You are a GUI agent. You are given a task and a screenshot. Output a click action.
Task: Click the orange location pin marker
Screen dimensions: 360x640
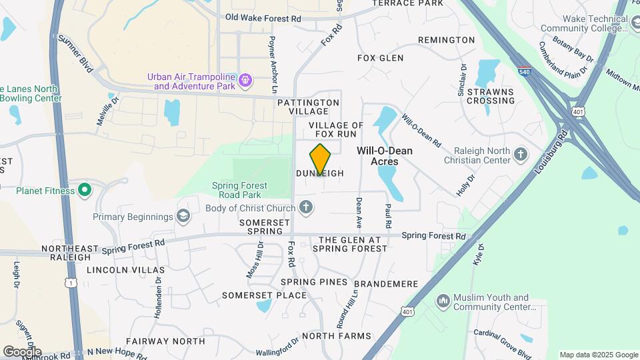tap(321, 159)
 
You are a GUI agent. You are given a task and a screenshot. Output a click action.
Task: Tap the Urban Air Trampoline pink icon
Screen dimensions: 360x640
tap(246, 81)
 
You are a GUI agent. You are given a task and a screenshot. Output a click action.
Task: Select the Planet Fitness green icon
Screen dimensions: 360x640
tap(84, 191)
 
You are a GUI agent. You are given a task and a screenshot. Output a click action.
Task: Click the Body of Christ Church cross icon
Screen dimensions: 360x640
tap(305, 208)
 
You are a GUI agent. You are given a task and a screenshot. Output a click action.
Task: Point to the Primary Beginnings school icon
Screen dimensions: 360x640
tap(183, 216)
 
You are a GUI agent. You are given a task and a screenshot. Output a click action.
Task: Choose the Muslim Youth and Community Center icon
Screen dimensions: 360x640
tap(443, 302)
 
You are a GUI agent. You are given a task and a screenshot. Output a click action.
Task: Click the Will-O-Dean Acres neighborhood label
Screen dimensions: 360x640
tap(385, 156)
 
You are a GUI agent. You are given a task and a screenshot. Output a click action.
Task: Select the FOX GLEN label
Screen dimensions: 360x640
tap(381, 58)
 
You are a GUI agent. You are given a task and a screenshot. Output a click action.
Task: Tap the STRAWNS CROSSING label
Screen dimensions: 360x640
tap(491, 96)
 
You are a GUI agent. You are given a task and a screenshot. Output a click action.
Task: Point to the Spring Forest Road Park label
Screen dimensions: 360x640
tap(240, 190)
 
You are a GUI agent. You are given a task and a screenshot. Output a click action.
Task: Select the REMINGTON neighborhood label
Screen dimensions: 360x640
tap(446, 40)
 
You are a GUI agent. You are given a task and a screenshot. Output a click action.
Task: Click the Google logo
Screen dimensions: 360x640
tap(22, 351)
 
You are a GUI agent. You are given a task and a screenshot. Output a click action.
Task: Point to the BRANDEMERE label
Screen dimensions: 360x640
tap(391, 284)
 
